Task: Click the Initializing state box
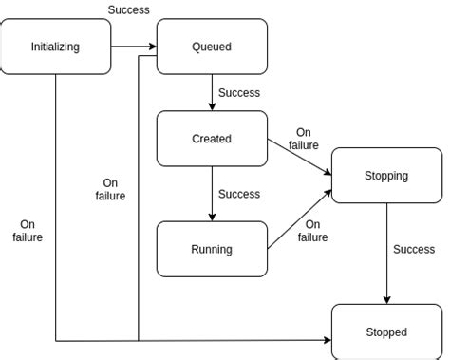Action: (55, 47)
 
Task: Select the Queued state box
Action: (212, 47)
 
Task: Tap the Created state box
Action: (212, 139)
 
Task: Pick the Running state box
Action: (212, 249)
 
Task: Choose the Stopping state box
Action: (386, 176)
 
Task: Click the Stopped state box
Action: (386, 332)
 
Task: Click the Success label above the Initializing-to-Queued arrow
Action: (128, 10)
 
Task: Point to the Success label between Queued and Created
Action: (239, 93)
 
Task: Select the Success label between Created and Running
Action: (239, 194)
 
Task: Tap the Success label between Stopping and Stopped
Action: (414, 250)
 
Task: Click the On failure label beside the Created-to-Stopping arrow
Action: (304, 140)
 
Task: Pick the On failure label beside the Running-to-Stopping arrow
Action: (312, 231)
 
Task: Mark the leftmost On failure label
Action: (28, 231)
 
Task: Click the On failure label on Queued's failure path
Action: (110, 189)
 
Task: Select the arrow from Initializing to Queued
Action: (133, 47)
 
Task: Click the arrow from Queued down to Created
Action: (212, 92)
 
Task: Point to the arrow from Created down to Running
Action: (212, 194)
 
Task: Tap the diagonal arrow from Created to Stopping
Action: (299, 157)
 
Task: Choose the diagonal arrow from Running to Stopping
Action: (299, 219)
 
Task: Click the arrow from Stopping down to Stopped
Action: (386, 252)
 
